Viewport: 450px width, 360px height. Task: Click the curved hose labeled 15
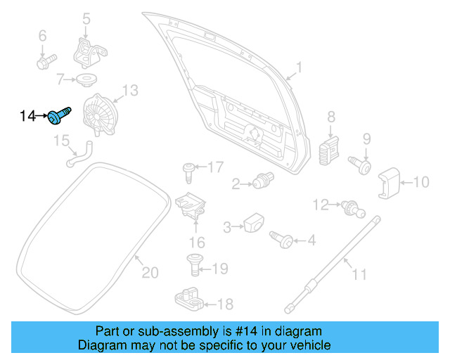click(77, 156)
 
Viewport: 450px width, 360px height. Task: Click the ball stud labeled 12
click(349, 207)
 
